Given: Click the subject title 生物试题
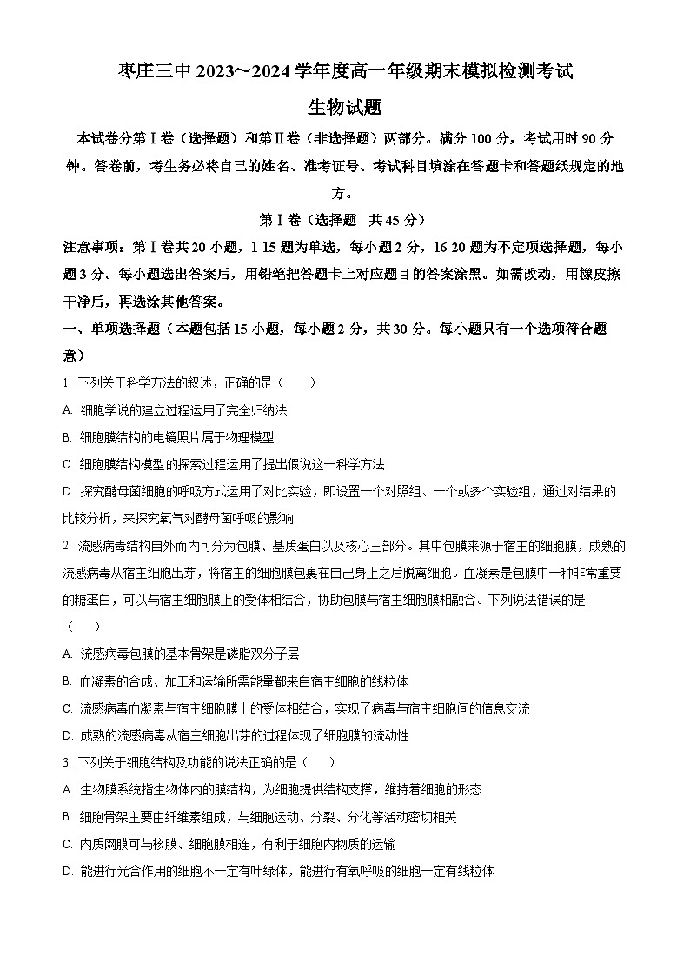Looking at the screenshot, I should tap(345, 107).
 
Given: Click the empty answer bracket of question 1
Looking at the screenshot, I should tap(294, 382).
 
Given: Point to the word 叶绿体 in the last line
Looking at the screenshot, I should tap(277, 871).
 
